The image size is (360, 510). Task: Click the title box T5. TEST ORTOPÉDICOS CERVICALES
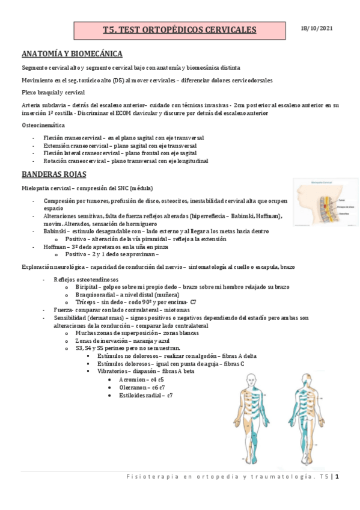coord(179,29)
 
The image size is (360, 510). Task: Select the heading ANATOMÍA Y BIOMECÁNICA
coord(72,53)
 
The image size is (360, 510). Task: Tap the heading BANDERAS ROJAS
coord(54,174)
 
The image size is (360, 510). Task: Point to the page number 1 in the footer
coord(338,478)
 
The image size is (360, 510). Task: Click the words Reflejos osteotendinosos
coord(86,280)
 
